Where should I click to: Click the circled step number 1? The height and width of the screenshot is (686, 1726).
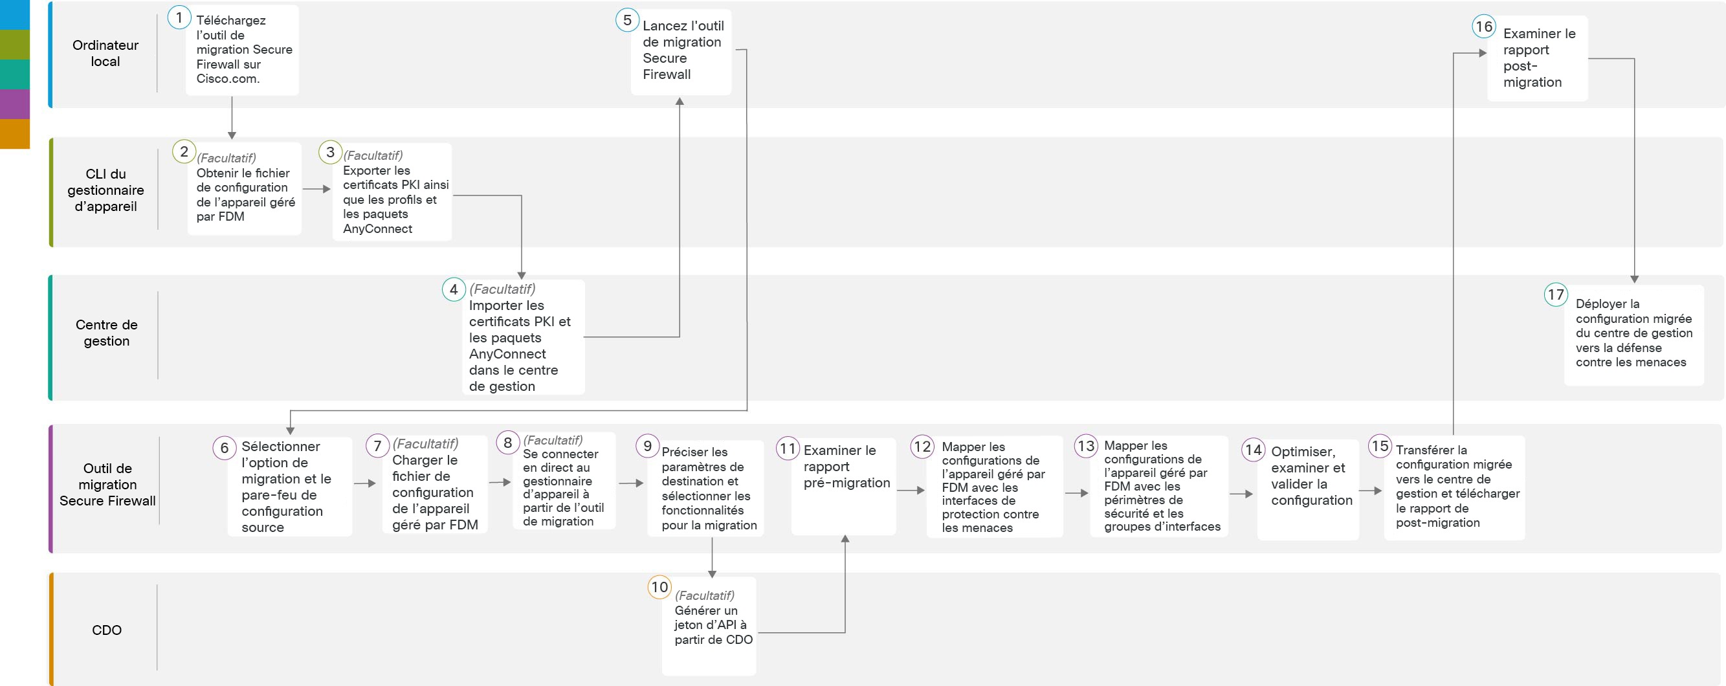click(179, 17)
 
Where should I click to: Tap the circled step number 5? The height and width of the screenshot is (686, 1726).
click(627, 20)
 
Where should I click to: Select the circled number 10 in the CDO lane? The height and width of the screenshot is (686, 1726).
click(659, 588)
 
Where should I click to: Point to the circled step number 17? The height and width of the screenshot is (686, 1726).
click(1556, 294)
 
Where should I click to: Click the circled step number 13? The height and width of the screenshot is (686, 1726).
click(1086, 446)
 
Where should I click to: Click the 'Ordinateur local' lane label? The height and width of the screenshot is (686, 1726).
click(106, 54)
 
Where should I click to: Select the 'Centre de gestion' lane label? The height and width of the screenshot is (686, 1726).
click(107, 333)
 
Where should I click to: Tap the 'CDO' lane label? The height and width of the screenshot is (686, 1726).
click(107, 630)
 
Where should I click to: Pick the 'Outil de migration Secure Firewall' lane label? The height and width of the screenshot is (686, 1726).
click(107, 484)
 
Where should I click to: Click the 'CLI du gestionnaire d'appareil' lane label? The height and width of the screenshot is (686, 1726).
click(106, 190)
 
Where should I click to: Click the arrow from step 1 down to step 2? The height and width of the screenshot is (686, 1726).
click(232, 118)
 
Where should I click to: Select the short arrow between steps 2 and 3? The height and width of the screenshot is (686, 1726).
click(317, 189)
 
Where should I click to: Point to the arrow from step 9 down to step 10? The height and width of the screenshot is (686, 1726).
click(712, 557)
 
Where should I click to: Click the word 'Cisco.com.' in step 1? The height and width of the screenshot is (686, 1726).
click(228, 79)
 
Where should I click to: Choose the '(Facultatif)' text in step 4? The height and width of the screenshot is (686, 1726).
click(502, 289)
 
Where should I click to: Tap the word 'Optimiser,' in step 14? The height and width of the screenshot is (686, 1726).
click(1303, 452)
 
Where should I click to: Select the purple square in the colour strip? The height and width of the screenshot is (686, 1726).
click(15, 104)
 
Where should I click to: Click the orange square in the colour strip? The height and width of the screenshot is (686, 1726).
click(15, 133)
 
